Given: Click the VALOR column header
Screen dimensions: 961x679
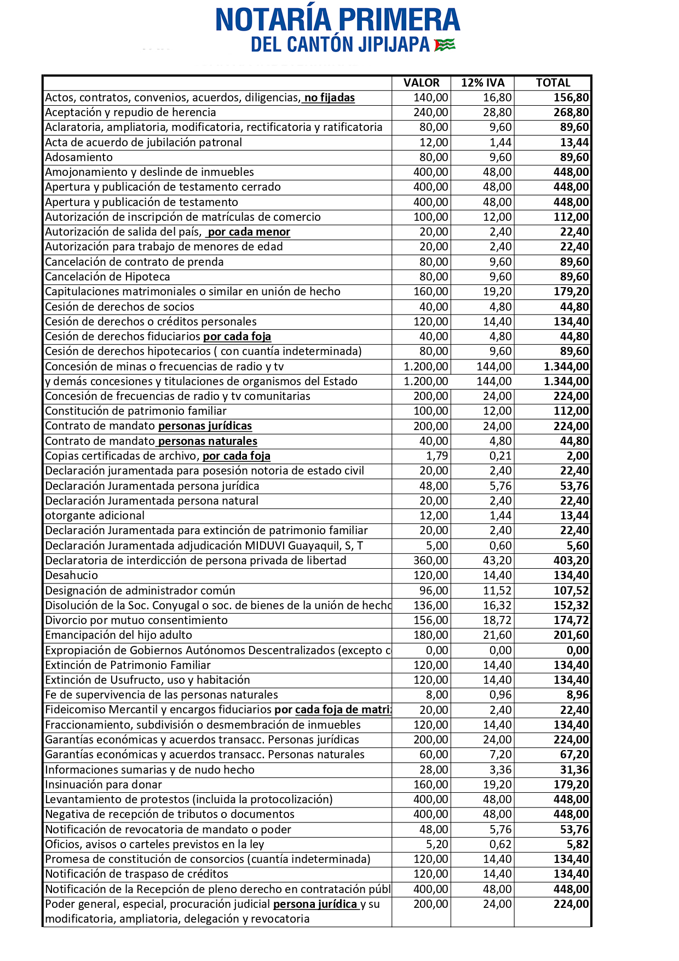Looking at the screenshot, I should tap(421, 83).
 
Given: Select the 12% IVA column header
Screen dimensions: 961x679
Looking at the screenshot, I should tap(482, 83).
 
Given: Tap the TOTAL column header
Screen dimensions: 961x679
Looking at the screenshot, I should tap(553, 83).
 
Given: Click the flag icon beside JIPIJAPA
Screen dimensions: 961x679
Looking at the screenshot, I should tap(445, 45).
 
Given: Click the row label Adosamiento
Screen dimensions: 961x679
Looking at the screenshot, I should tap(79, 157).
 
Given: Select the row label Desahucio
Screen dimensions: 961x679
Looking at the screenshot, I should tap(72, 575).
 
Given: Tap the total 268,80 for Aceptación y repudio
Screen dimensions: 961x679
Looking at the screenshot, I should tap(571, 112).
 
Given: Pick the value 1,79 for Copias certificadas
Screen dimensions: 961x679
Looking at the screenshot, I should tap(437, 456).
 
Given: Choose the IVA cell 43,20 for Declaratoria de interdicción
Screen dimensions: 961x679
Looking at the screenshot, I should tap(497, 560).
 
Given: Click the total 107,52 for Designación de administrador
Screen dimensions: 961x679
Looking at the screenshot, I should tap(571, 591).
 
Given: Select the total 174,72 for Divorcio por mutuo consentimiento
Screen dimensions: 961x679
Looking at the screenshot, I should tap(571, 620).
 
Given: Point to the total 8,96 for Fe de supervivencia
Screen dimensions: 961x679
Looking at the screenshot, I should tap(578, 695).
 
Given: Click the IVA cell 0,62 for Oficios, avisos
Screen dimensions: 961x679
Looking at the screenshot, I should tap(500, 844).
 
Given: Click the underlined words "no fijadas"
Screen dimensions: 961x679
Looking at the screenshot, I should tap(329, 98).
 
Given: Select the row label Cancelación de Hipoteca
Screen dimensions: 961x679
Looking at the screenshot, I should tap(107, 277).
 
